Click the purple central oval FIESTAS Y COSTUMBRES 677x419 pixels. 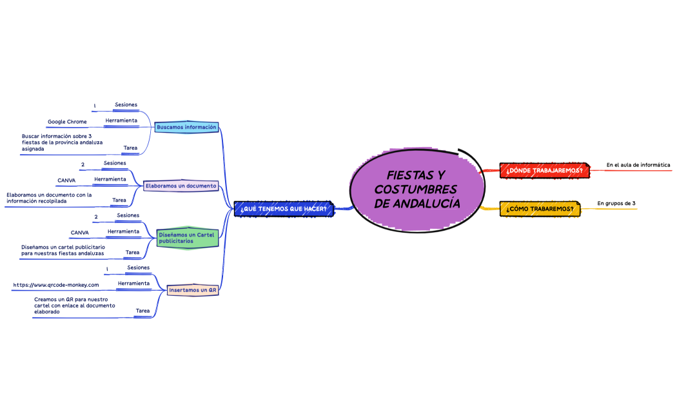point(417,190)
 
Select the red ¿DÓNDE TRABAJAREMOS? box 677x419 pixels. point(544,170)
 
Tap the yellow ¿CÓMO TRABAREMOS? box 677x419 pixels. point(540,209)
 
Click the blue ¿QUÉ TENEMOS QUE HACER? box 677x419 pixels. point(284,209)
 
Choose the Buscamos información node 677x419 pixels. point(186,127)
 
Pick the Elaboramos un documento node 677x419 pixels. point(181,186)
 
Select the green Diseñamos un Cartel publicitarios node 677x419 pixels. point(186,238)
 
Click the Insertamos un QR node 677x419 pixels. point(193,290)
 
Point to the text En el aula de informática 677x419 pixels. point(638,165)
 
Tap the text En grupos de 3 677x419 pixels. point(616,203)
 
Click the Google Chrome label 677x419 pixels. point(67,122)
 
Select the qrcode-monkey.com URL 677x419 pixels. point(56,285)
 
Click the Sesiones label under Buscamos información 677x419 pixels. point(126,104)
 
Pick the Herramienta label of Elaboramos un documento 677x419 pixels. point(110,179)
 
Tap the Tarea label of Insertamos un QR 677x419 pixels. point(143,311)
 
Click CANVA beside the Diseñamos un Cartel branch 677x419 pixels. point(79,233)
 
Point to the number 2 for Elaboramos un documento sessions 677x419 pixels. point(83,164)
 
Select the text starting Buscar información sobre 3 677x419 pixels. point(62,142)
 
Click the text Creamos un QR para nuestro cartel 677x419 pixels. point(75,306)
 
